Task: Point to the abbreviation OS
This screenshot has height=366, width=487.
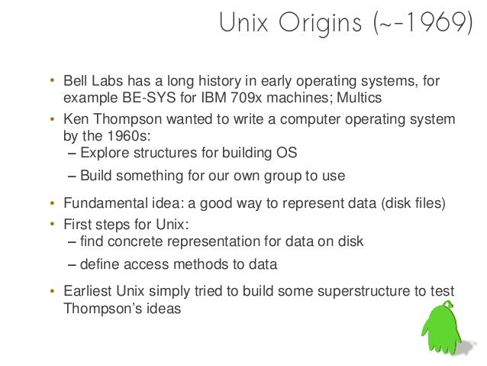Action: (x=287, y=153)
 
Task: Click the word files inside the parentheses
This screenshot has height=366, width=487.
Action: (x=425, y=204)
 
